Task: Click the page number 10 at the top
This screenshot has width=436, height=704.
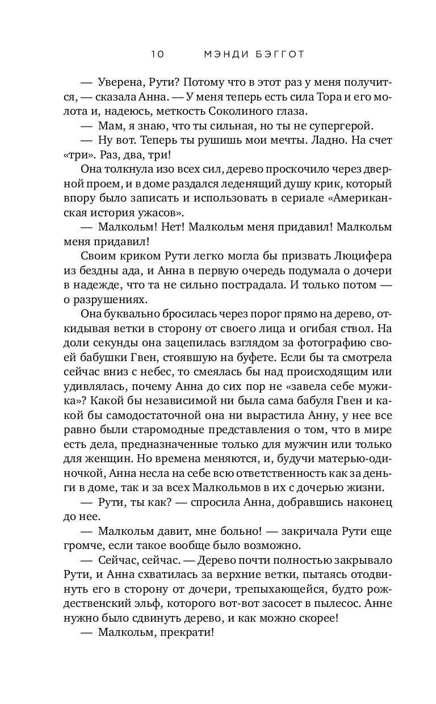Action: pyautogui.click(x=157, y=55)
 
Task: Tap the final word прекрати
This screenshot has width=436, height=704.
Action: pyautogui.click(x=184, y=634)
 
